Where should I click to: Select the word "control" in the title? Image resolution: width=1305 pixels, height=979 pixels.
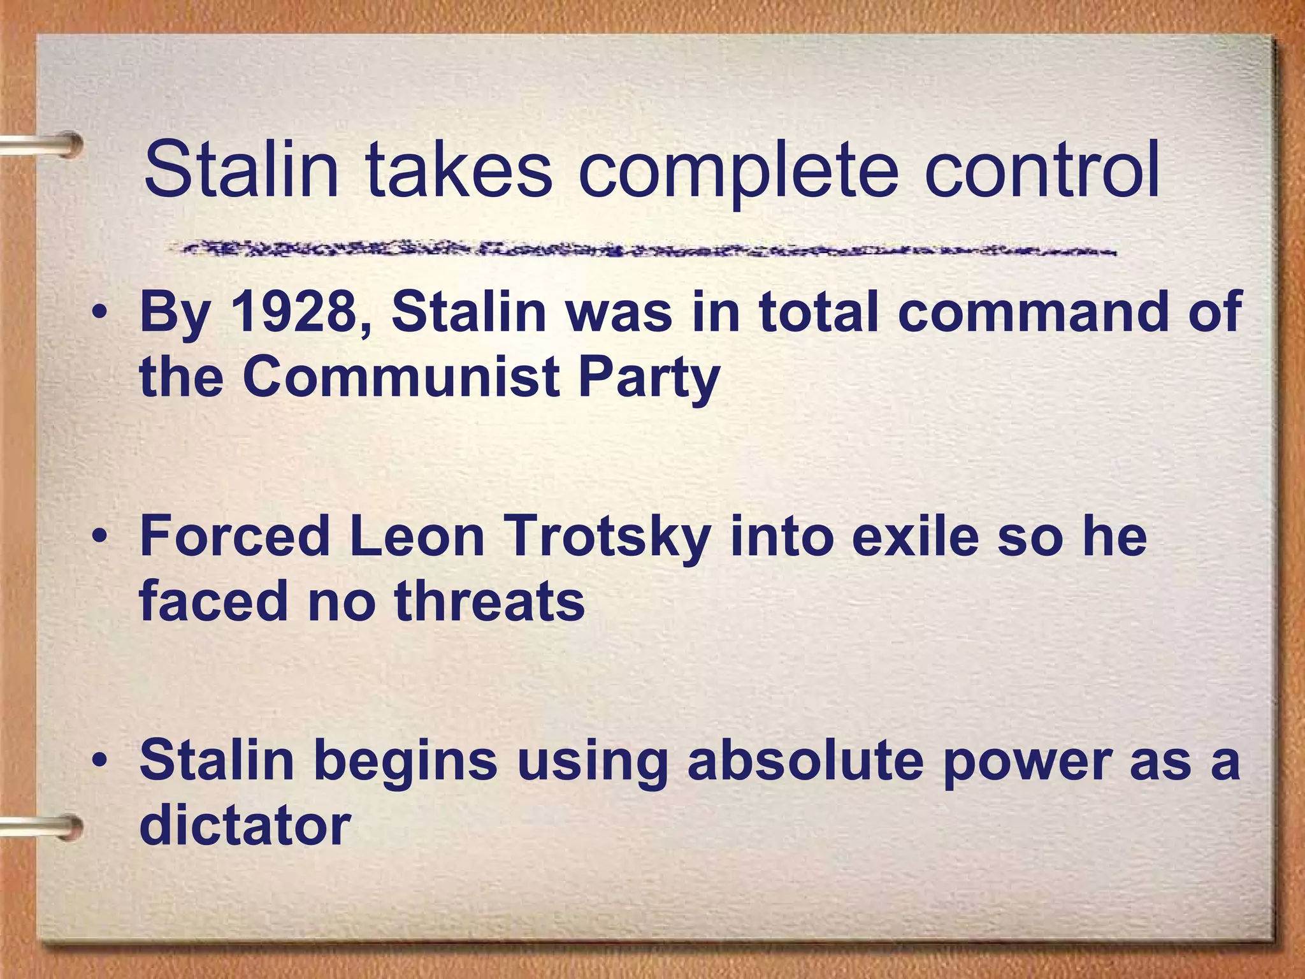(1042, 171)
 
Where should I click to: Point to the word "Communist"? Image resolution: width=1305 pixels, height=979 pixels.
(401, 377)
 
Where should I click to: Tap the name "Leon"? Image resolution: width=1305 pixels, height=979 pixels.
(417, 537)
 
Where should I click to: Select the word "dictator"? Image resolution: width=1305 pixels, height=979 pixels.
(245, 825)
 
